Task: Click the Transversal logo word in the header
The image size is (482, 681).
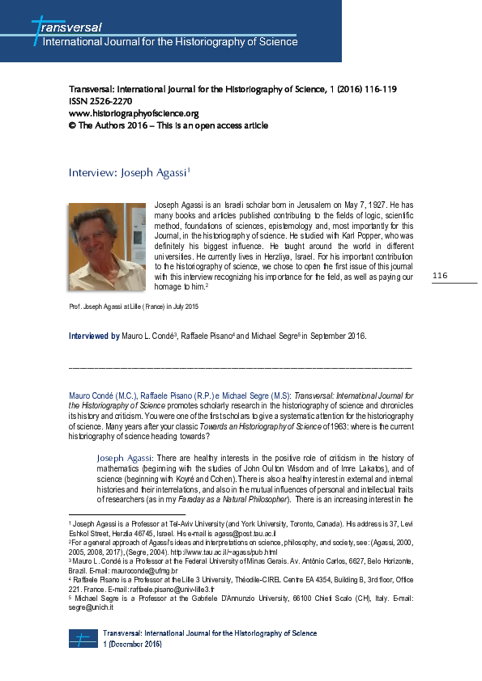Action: click(x=69, y=27)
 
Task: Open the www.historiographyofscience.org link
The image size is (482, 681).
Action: click(x=134, y=113)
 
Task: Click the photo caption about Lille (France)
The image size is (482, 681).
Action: click(x=134, y=307)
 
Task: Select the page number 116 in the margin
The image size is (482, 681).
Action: click(x=440, y=277)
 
